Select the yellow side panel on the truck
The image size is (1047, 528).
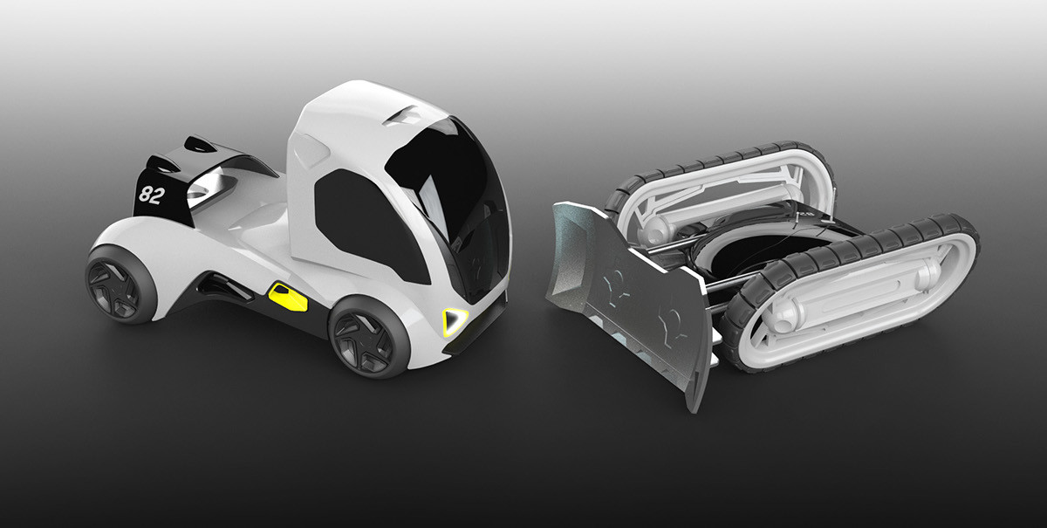tap(288, 297)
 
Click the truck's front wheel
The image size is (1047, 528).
tap(368, 337)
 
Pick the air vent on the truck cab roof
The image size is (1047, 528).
tap(413, 114)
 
